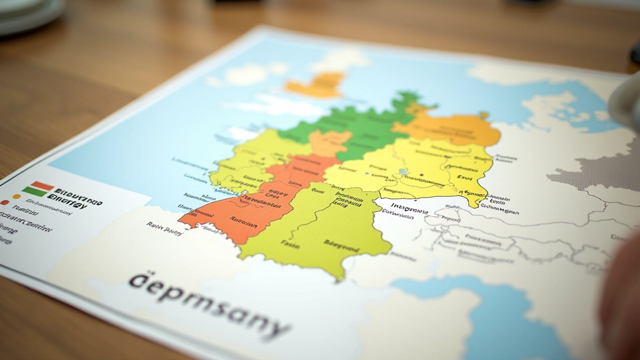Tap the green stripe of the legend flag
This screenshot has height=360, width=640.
(34, 191)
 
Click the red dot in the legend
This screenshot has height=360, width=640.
(6, 202)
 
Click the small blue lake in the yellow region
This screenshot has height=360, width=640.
(404, 171)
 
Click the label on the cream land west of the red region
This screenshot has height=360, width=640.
(164, 231)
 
